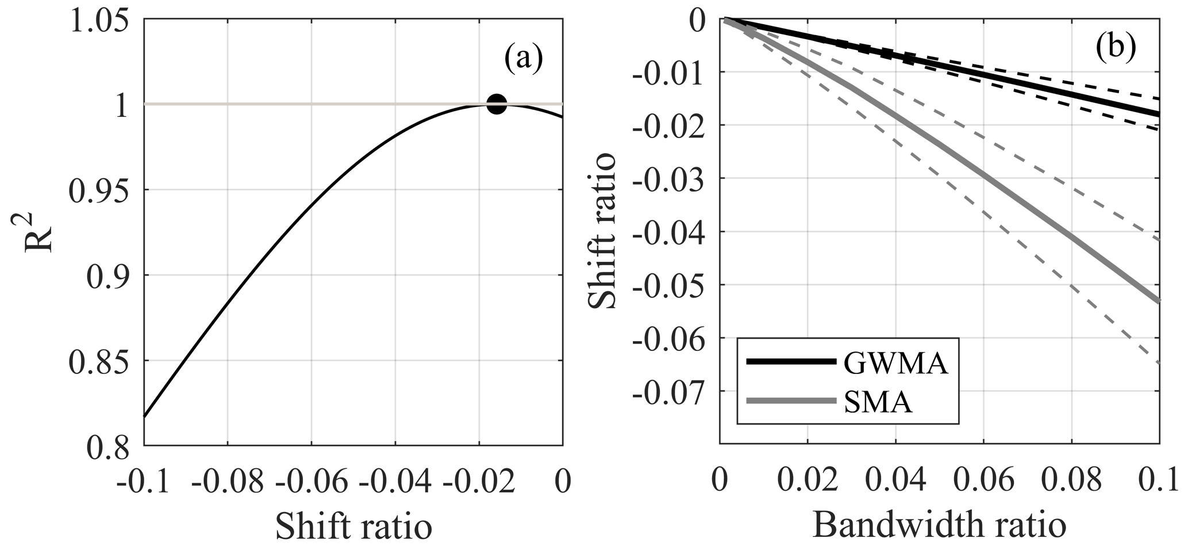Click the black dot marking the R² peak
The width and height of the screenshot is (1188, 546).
pyautogui.click(x=497, y=105)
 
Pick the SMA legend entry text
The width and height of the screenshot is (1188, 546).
pyautogui.click(x=878, y=403)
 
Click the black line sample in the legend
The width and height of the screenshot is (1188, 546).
pyautogui.click(x=790, y=362)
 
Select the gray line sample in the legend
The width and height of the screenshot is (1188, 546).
pyautogui.click(x=790, y=400)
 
